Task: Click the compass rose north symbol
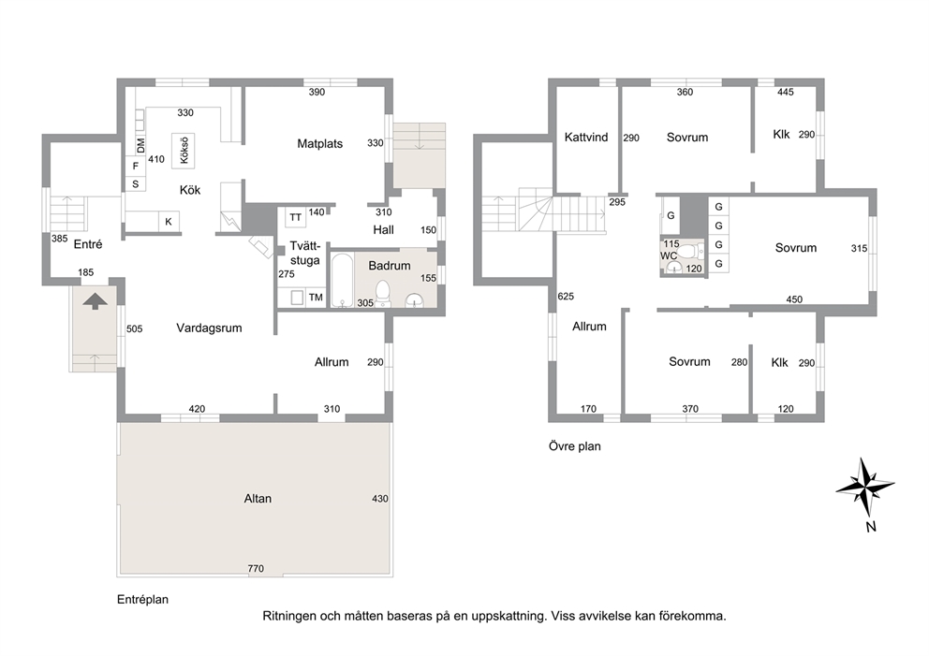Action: point(865,487)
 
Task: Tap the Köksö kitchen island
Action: point(183,151)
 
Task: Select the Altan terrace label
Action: point(258,499)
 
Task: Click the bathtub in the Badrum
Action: point(342,280)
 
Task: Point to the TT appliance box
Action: point(295,217)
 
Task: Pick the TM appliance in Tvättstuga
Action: point(316,298)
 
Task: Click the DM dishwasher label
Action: point(140,145)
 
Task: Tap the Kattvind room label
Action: point(586,138)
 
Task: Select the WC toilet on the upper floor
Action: point(686,251)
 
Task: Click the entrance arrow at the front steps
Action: point(95,301)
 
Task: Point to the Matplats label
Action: point(320,144)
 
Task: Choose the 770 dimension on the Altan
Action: point(256,569)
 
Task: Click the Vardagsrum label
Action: point(209,328)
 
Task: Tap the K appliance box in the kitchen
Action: point(169,222)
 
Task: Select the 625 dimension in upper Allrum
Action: point(566,297)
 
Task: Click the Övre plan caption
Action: point(575,446)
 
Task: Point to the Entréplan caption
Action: point(142,600)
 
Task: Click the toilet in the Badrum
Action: point(383,293)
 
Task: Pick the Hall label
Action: point(383,229)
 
